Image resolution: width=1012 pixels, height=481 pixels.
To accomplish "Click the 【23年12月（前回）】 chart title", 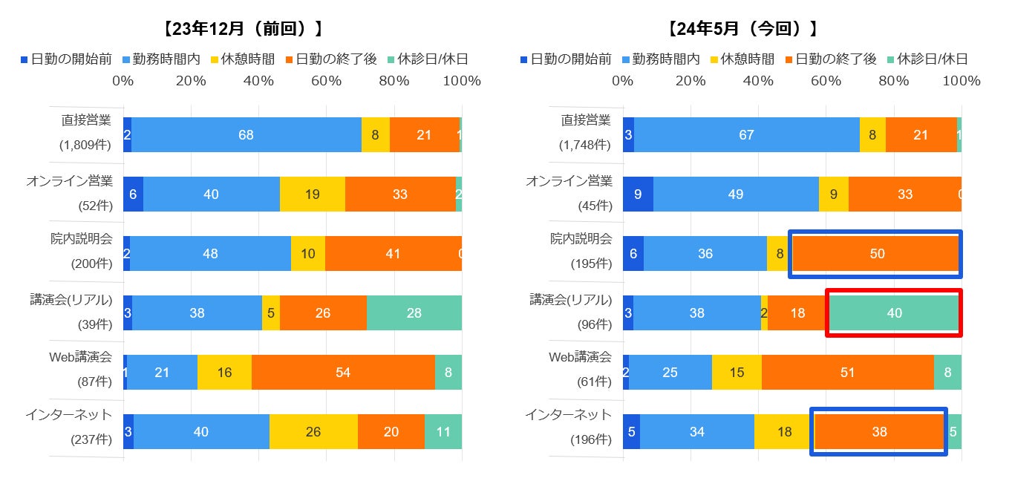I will pyautogui.click(x=243, y=29).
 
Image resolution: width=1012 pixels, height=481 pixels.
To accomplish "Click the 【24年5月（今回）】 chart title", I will pyautogui.click(x=742, y=29).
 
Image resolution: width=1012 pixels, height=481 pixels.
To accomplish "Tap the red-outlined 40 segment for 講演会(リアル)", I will pyautogui.click(x=894, y=313).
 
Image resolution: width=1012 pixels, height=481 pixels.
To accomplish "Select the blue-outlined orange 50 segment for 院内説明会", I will pyautogui.click(x=876, y=254).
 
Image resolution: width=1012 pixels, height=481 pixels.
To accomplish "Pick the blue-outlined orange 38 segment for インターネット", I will pyautogui.click(x=878, y=432).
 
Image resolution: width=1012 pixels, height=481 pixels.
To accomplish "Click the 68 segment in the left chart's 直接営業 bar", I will pyautogui.click(x=246, y=135).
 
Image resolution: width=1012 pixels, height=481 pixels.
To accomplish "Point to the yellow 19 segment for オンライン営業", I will pyautogui.click(x=312, y=194).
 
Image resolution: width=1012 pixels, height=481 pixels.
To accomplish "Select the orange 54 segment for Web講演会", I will pyautogui.click(x=342, y=373).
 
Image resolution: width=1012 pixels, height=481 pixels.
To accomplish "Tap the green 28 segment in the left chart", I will pyautogui.click(x=414, y=313).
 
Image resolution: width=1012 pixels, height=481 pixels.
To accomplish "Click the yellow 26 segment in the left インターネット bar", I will pyautogui.click(x=313, y=432).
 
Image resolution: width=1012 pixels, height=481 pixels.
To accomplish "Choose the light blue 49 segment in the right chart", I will pyautogui.click(x=736, y=194).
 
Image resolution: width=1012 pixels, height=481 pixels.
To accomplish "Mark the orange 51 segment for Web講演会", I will pyautogui.click(x=847, y=373).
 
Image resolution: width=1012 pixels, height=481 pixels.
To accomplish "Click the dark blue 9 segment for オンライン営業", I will pyautogui.click(x=638, y=194).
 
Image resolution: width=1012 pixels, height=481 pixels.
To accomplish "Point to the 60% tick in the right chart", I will pyautogui.click(x=826, y=81).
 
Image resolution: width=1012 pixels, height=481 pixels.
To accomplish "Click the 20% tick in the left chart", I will pyautogui.click(x=191, y=81).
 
